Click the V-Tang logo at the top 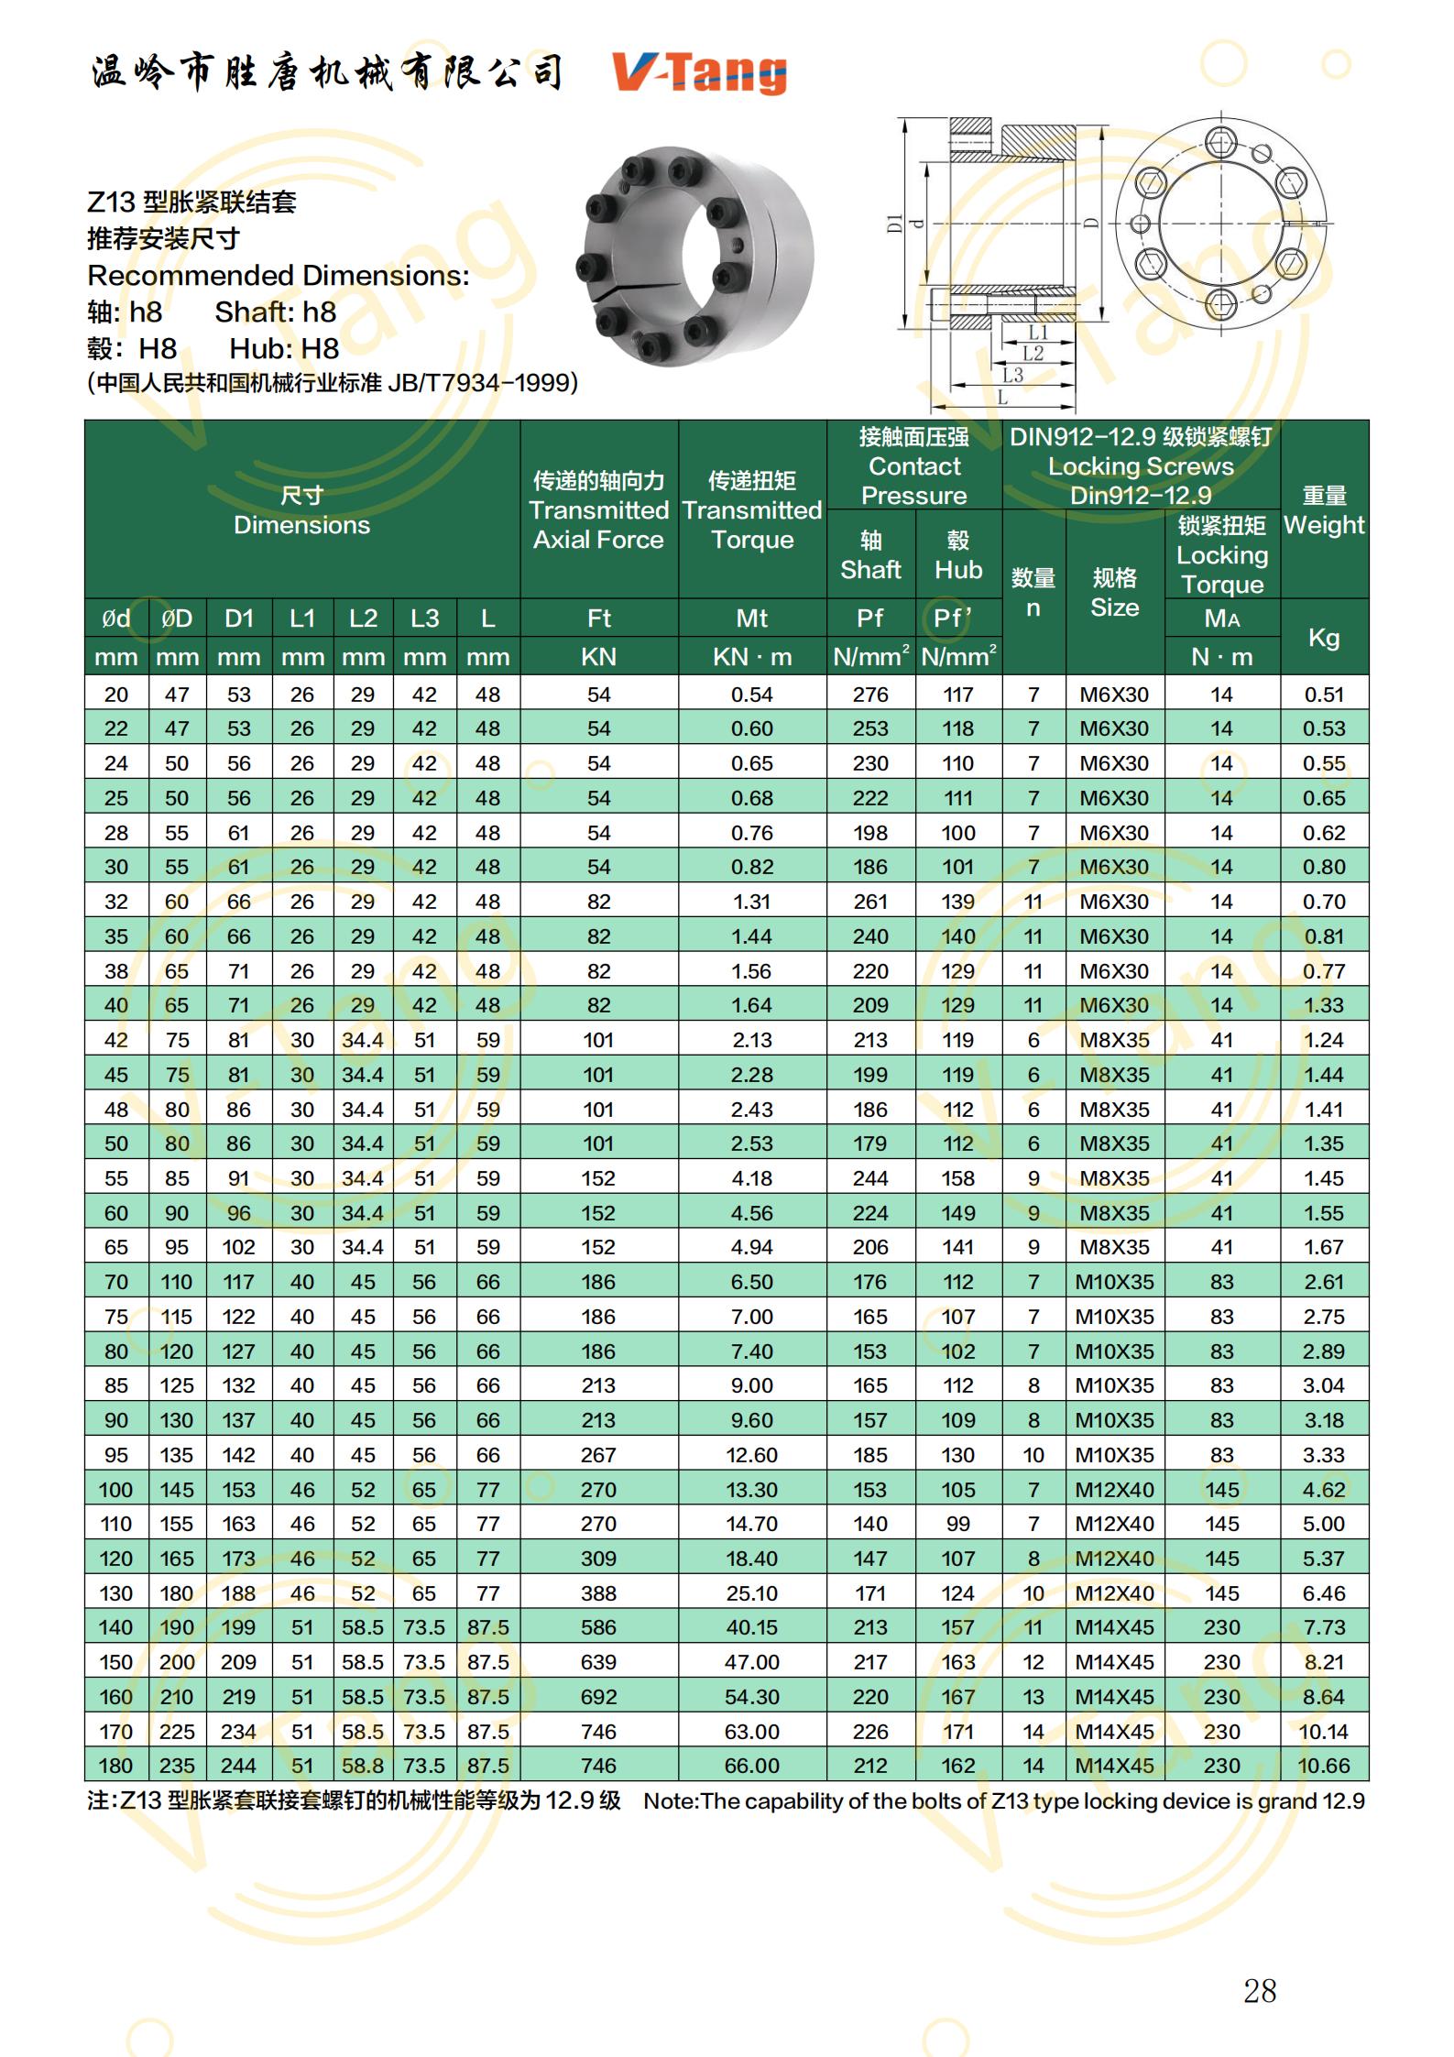click(699, 72)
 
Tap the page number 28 click(1260, 1990)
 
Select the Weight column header click(1324, 510)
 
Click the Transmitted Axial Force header click(598, 510)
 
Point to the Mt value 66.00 click(751, 1766)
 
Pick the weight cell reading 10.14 click(1323, 1732)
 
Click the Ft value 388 click(598, 1593)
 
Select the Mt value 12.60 click(751, 1455)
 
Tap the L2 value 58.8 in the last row click(363, 1766)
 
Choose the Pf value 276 click(870, 695)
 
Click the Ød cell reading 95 click(116, 1455)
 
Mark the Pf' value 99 click(958, 1524)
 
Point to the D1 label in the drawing click(895, 223)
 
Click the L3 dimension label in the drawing click(1011, 375)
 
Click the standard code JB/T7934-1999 click(481, 383)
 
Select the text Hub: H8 click(284, 349)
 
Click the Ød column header click(116, 618)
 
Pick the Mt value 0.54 click(751, 695)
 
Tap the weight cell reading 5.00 click(1323, 1524)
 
